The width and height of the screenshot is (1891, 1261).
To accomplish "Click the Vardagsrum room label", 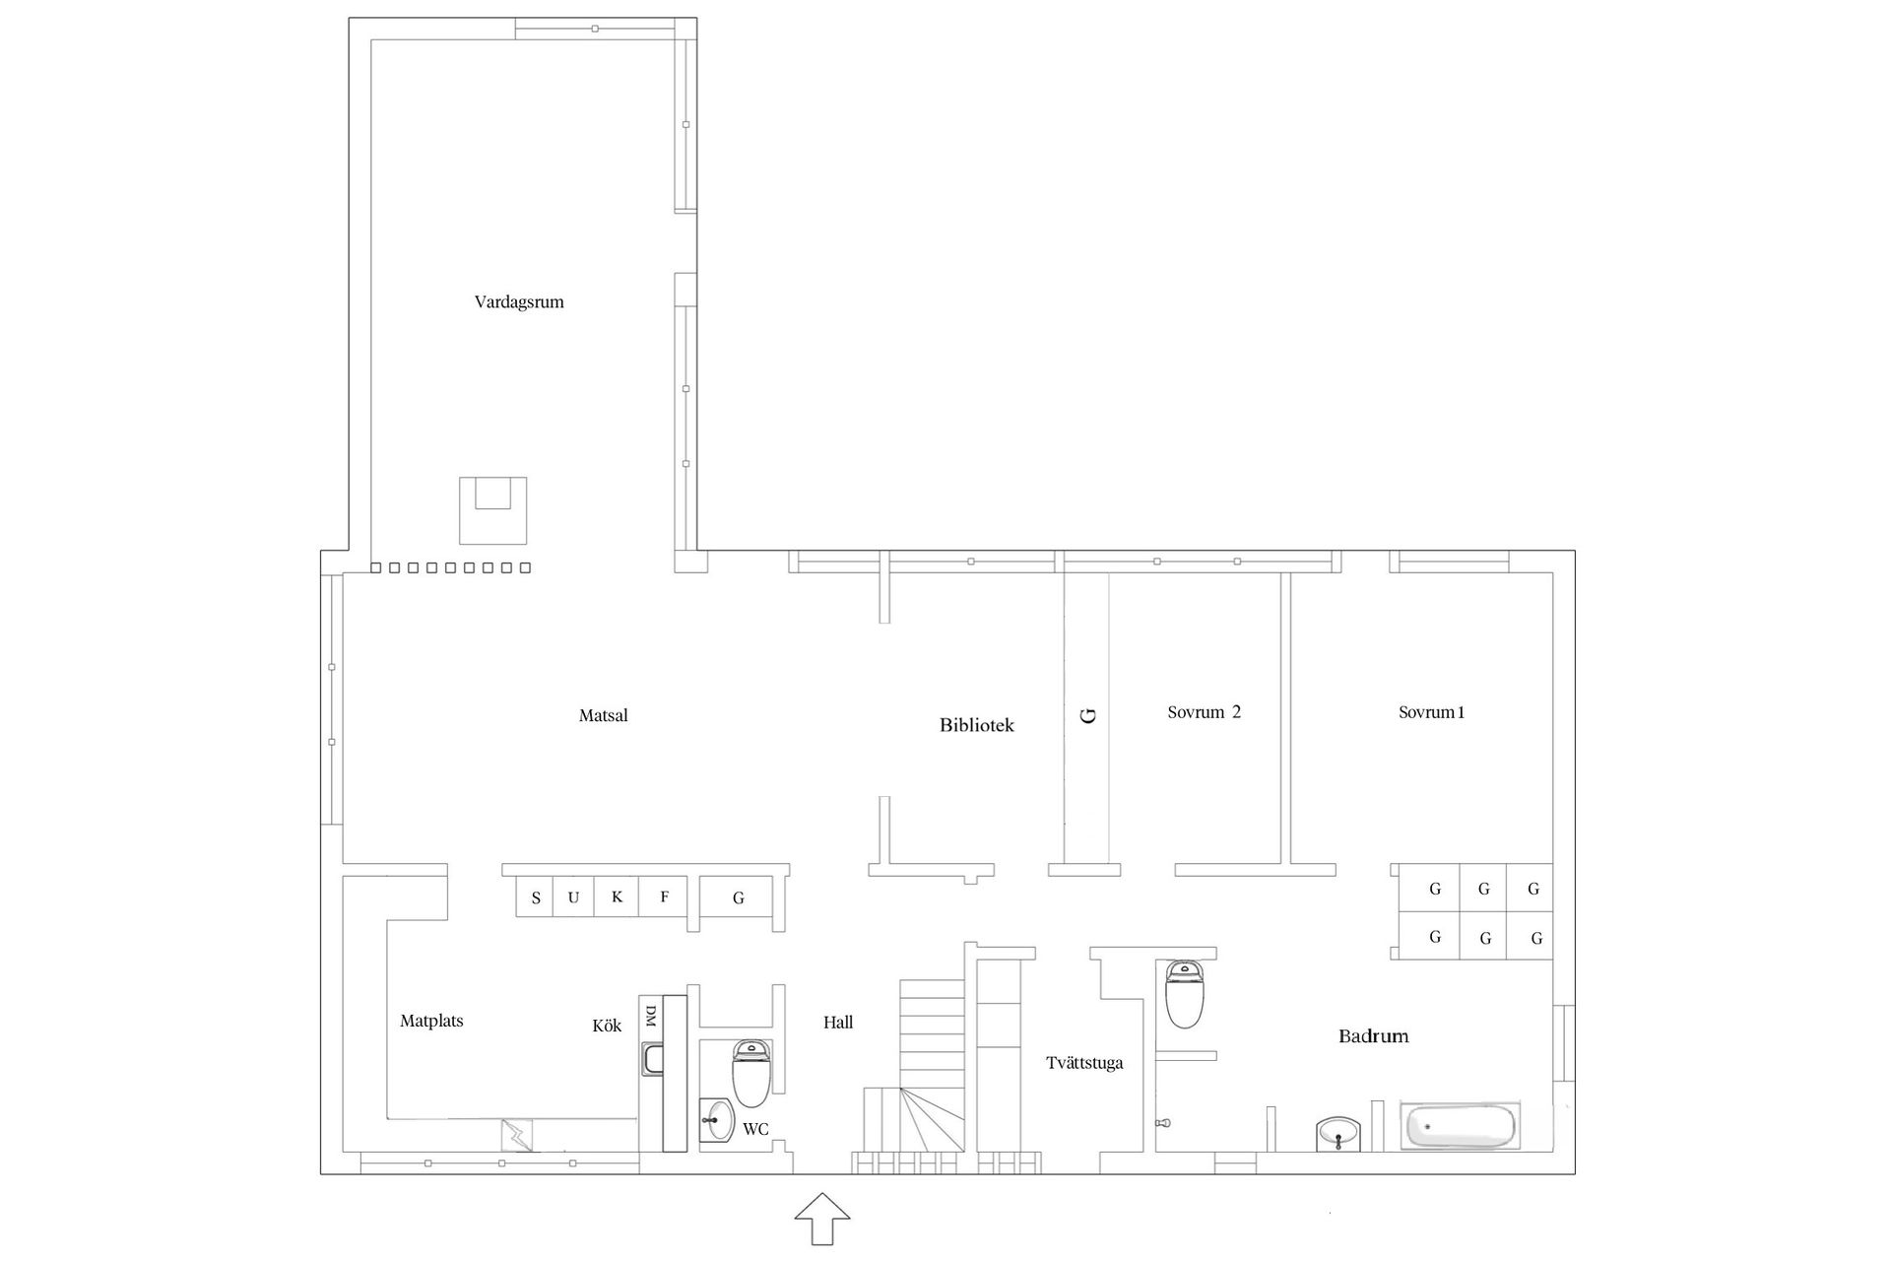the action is pos(519,302).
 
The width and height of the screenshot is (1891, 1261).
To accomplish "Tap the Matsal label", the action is pos(603,716).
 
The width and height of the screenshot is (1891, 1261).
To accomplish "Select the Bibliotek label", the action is pos(976,725).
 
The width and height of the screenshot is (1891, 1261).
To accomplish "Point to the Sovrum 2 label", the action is pos(1204,712).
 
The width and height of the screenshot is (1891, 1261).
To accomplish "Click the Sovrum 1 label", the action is pos(1431,712).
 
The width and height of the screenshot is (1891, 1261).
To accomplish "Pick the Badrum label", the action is pos(1373,1036).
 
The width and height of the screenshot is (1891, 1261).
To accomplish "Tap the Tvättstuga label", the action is pos(1084,1063).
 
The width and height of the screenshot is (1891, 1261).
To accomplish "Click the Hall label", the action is pos(838,1023).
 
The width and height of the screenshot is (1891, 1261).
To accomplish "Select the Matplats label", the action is pos(431,1022).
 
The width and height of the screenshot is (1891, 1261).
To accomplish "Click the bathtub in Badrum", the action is pos(1460,1126).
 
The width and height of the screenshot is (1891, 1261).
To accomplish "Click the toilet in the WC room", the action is pos(752,1075).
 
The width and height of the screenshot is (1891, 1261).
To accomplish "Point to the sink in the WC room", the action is pos(717,1120).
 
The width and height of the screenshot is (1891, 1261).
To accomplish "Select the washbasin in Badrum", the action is pos(1338,1134).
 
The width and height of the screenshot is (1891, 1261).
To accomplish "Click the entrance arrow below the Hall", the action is pos(822,1219).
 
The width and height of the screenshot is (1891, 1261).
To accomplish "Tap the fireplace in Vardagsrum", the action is pos(492,510).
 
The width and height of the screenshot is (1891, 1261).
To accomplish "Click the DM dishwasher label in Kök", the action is pos(650,1017).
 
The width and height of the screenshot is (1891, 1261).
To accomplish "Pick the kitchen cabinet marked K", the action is pos(617,896).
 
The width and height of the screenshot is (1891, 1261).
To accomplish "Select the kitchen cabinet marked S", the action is pos(535,896).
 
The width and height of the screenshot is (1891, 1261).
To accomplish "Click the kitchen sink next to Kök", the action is pos(651,1060).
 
